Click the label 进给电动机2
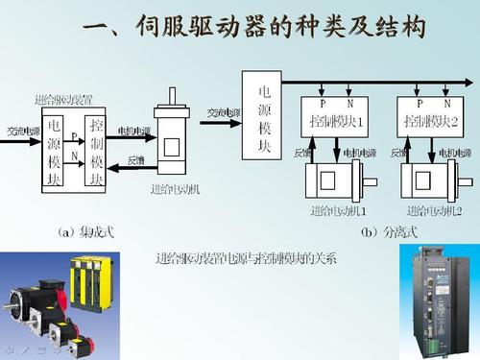[434, 210]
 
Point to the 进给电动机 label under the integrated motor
[176, 189]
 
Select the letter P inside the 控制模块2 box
[419, 101]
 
